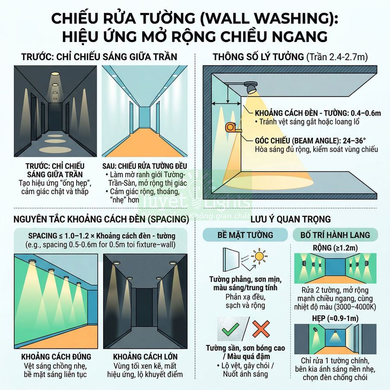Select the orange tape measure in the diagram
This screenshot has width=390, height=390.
230,127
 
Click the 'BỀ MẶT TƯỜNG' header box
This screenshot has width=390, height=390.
245,235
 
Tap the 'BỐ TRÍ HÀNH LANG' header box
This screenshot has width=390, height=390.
331,235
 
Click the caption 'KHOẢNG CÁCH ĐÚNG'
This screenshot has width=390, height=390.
56,357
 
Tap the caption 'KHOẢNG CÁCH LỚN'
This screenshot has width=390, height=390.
145,357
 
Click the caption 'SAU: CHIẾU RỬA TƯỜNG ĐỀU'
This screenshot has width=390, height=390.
145,166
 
